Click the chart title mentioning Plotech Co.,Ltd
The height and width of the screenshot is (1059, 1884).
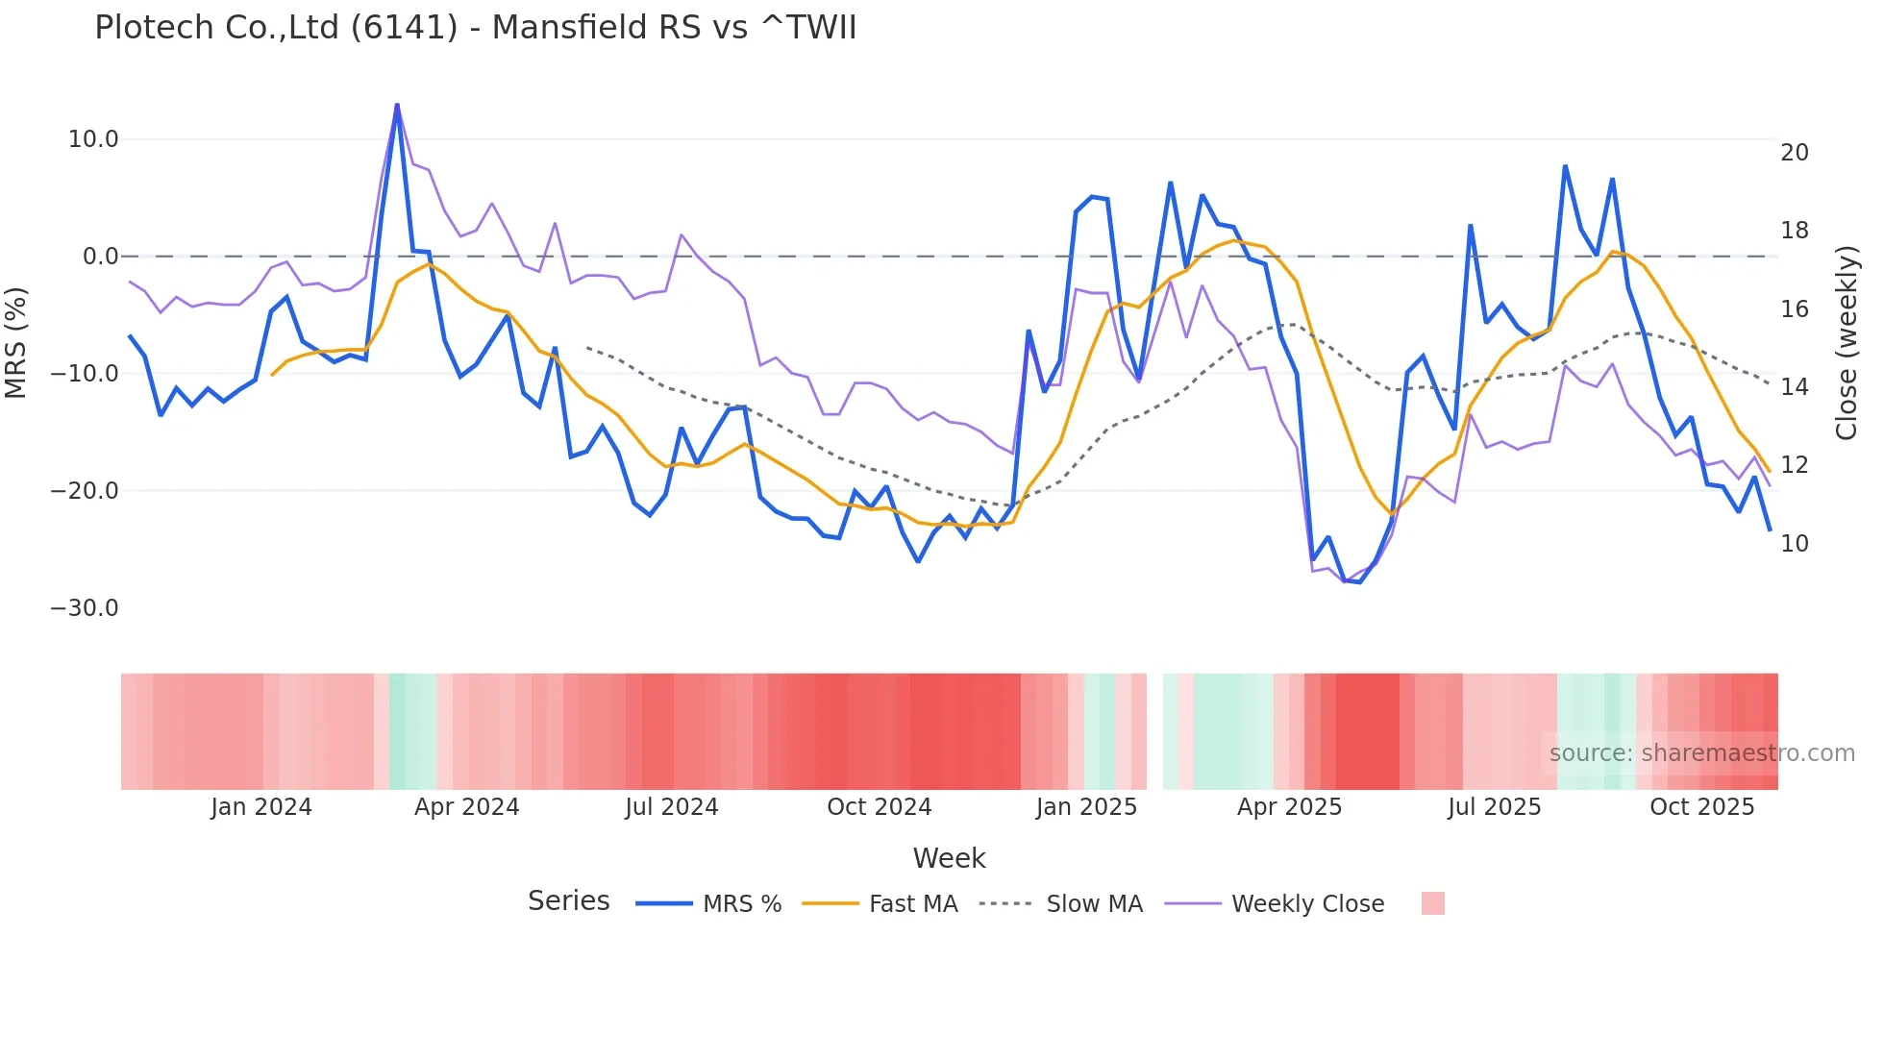pyautogui.click(x=475, y=27)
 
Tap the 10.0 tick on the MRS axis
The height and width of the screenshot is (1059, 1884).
pyautogui.click(x=92, y=139)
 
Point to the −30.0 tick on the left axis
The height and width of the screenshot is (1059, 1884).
pyautogui.click(x=85, y=608)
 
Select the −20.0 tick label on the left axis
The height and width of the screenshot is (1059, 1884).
pyautogui.click(x=85, y=491)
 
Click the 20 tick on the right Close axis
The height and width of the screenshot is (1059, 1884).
pyautogui.click(x=1794, y=153)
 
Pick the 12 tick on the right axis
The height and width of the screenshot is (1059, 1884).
pyautogui.click(x=1794, y=465)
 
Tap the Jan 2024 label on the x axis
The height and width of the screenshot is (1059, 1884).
pyautogui.click(x=261, y=807)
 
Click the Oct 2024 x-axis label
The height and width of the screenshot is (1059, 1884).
pyautogui.click(x=879, y=807)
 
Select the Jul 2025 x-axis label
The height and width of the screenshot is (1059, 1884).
pyautogui.click(x=1494, y=807)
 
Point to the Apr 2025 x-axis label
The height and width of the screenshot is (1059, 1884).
pyautogui.click(x=1289, y=807)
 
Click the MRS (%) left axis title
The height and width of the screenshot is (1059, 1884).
pyautogui.click(x=16, y=342)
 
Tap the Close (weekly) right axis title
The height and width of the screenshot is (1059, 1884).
pyautogui.click(x=1846, y=342)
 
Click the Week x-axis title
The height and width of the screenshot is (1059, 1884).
pyautogui.click(x=949, y=858)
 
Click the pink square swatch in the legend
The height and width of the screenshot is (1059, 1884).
pyautogui.click(x=1432, y=904)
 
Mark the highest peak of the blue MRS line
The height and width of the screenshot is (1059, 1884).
pyautogui.click(x=397, y=105)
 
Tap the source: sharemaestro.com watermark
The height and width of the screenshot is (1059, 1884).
pyautogui.click(x=1701, y=753)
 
